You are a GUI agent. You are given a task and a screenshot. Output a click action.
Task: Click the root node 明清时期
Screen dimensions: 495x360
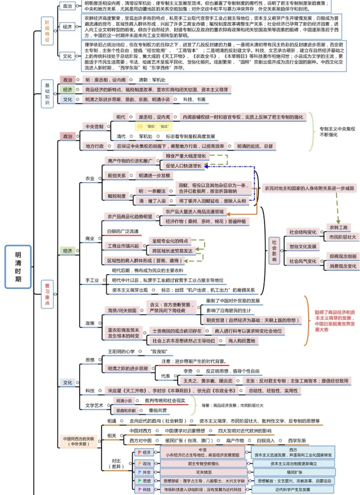point(18,260)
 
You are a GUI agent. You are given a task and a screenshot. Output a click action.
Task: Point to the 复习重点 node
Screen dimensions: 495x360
point(47,294)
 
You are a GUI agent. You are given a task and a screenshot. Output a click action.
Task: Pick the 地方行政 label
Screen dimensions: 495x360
point(94,146)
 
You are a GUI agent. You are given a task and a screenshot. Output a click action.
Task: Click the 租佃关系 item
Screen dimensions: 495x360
point(117,176)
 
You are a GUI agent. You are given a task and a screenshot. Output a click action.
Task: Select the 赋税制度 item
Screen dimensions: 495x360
point(117,196)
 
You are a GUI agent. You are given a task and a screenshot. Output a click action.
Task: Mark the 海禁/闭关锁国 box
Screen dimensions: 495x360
point(122,310)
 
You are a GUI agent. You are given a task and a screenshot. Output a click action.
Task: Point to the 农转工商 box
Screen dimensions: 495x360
point(338,227)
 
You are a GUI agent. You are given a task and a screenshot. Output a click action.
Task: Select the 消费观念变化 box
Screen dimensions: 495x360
point(343,266)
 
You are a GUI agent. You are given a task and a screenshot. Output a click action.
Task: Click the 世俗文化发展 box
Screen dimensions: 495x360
point(303,246)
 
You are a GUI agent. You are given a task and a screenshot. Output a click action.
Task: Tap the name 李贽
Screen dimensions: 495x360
point(188,371)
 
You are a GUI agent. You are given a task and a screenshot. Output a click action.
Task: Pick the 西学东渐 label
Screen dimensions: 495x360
point(297,440)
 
